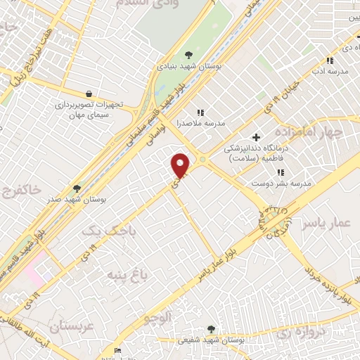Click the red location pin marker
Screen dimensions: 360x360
pos(181,166)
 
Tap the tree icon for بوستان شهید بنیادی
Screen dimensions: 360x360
pos(188,54)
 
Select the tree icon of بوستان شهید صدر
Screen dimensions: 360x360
pos(77,188)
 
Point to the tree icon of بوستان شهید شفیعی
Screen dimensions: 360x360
pos(212,329)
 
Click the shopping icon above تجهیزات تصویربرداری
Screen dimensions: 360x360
pos(89,94)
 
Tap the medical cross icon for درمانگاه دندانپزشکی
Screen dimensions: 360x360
pos(257,137)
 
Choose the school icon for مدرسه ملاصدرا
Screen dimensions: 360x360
pos(200,112)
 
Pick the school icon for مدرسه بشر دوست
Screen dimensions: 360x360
pos(281,172)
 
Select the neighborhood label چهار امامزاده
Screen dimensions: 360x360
pos(309,132)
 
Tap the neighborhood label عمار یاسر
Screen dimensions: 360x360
pos(326,224)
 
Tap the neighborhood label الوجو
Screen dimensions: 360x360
pos(158,317)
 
